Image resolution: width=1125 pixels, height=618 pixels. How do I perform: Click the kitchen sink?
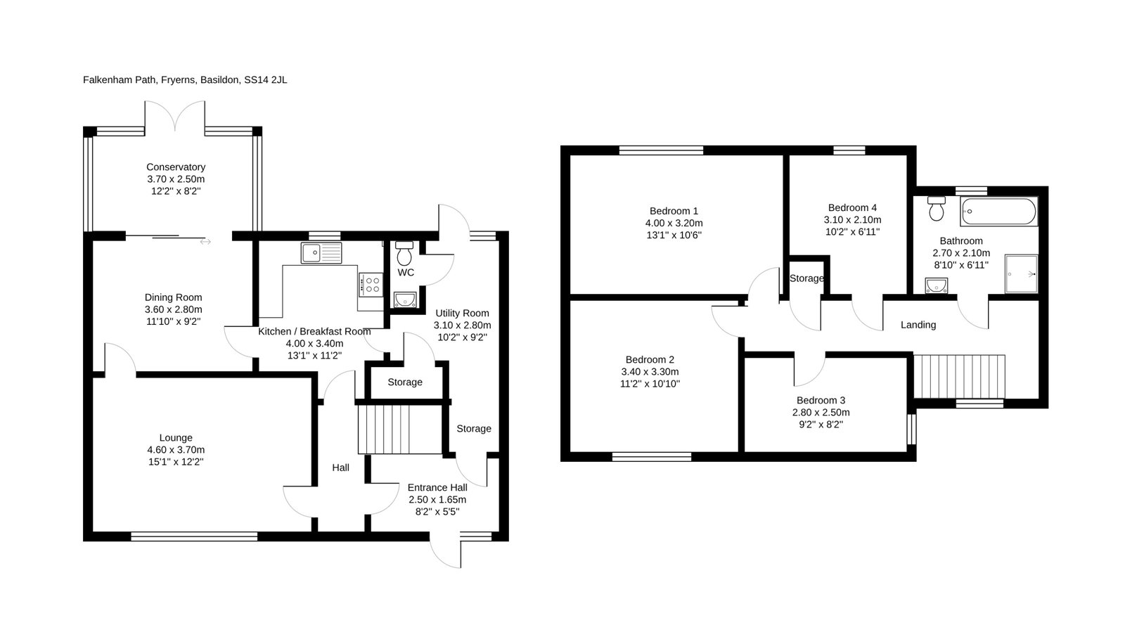click(x=321, y=253)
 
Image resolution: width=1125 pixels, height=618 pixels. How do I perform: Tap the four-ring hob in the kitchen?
click(x=371, y=285)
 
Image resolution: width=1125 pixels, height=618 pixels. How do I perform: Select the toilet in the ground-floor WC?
click(x=404, y=254)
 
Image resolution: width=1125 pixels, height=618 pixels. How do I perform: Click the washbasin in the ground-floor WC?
click(x=405, y=300)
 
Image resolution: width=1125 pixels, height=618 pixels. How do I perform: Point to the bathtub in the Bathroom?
click(x=998, y=212)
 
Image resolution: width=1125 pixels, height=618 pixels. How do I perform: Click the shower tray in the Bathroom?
click(x=1021, y=274)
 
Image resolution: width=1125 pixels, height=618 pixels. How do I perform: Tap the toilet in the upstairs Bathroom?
click(x=937, y=209)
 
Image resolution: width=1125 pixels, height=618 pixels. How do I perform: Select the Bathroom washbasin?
click(x=937, y=285)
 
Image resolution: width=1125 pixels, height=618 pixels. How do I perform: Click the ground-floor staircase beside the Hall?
click(x=400, y=430)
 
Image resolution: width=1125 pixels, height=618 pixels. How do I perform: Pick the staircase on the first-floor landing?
click(x=959, y=377)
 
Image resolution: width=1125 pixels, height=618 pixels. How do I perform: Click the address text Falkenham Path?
click(x=120, y=80)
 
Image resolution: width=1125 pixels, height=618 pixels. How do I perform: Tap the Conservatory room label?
click(x=176, y=167)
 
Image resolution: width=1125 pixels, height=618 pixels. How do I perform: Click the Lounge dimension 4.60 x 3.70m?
click(x=176, y=450)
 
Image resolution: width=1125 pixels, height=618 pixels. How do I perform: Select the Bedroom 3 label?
click(x=821, y=400)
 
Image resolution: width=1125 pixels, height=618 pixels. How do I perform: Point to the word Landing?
click(x=918, y=325)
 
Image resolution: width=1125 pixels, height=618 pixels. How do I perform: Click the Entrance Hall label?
click(x=437, y=487)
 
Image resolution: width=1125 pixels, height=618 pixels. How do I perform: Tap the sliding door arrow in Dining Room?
click(x=205, y=242)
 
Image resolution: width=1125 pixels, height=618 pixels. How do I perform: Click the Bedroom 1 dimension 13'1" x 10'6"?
click(x=674, y=236)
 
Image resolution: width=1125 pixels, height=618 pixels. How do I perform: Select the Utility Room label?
click(x=462, y=314)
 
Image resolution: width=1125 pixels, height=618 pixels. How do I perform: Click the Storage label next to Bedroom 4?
click(x=806, y=278)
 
